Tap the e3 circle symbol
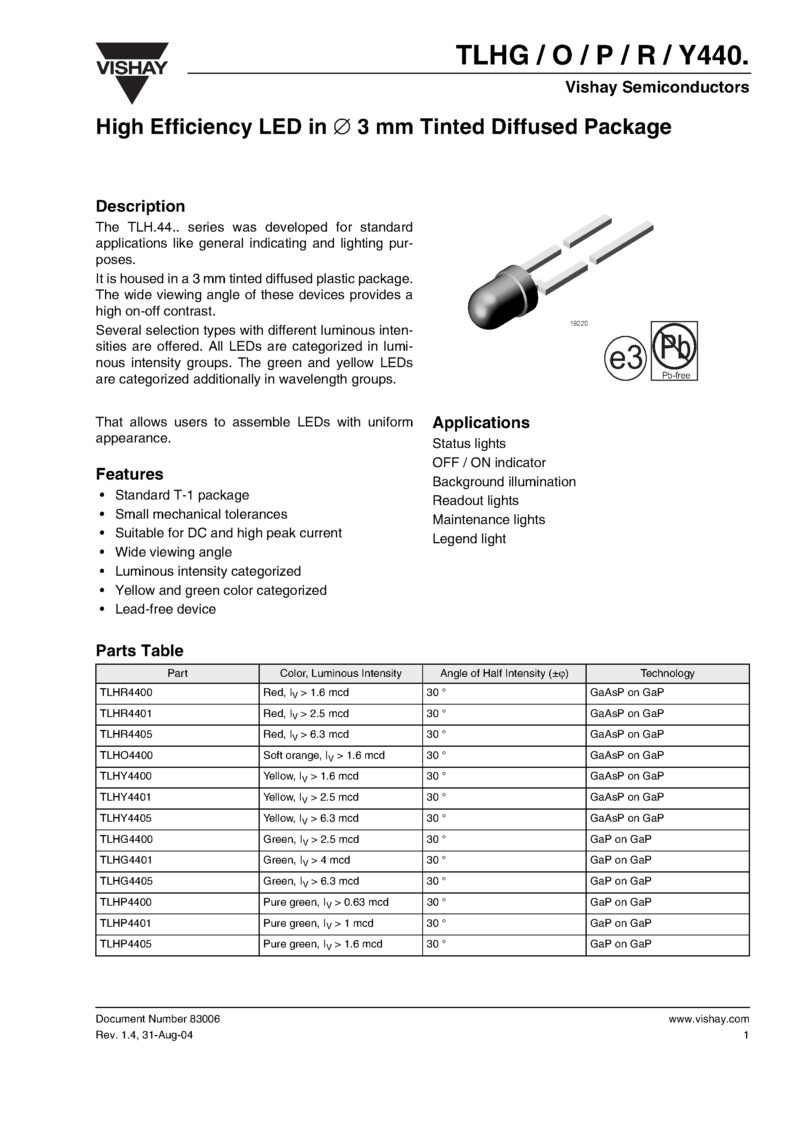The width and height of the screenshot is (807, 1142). tap(625, 359)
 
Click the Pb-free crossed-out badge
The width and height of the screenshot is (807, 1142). tap(674, 351)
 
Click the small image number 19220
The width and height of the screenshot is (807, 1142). tap(579, 323)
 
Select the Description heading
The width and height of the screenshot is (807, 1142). tap(140, 207)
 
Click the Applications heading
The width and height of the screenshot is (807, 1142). tap(480, 423)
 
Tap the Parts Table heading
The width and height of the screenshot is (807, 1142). tap(139, 651)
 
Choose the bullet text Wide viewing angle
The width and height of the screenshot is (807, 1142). tap(173, 552)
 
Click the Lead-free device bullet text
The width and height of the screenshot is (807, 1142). tap(165, 609)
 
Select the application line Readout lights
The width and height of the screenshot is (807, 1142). tap(475, 500)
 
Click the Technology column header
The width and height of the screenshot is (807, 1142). tap(667, 673)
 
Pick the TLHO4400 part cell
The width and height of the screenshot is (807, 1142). tap(127, 755)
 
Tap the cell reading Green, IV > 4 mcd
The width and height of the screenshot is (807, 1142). tap(307, 860)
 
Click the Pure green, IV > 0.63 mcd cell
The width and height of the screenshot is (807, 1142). tap(325, 902)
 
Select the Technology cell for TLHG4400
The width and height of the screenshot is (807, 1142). tap(620, 839)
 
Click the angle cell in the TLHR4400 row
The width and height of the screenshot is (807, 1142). tap(436, 692)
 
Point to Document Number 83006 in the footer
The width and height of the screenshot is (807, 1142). tap(158, 1019)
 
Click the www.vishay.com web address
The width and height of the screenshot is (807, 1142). tap(709, 1019)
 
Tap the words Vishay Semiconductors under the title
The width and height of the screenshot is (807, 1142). tap(657, 87)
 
